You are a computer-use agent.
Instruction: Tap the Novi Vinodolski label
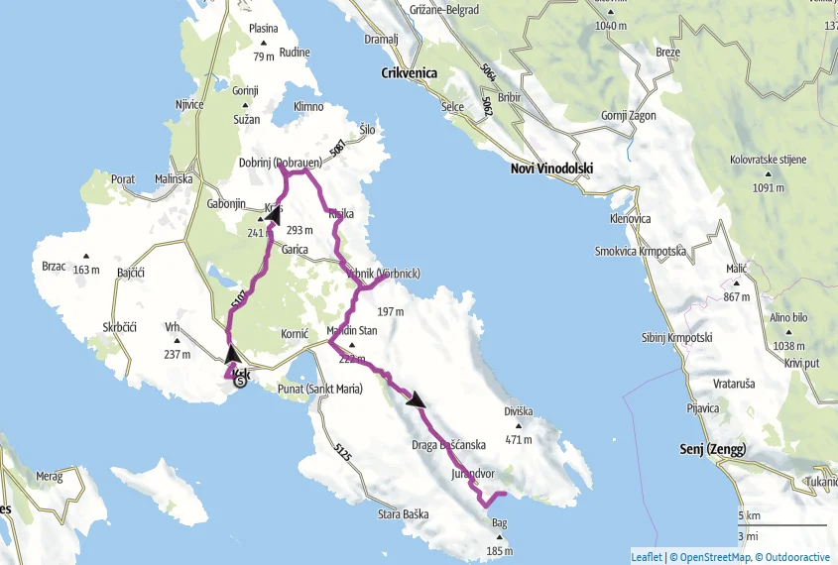point(550,169)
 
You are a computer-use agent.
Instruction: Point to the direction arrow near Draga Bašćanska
point(417,400)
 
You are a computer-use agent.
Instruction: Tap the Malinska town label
point(175,178)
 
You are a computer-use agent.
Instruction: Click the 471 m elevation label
point(519,439)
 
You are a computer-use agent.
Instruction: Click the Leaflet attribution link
point(646,557)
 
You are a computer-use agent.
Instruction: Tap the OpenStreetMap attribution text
point(709,557)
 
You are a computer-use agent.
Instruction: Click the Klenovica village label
point(631,217)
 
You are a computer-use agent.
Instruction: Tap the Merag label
point(51,477)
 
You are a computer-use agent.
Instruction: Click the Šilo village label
point(368,129)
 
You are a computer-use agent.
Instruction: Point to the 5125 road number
point(343,451)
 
